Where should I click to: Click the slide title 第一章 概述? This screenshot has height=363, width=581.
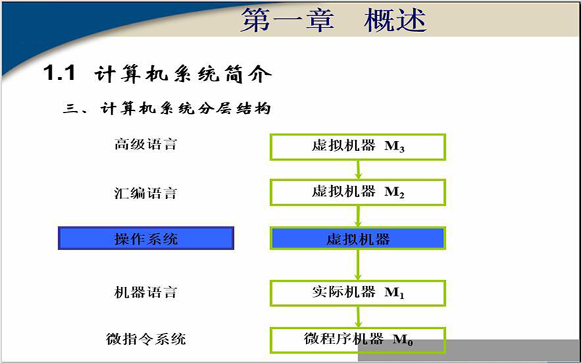point(334,20)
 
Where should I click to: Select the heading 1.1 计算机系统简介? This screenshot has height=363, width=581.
point(158,73)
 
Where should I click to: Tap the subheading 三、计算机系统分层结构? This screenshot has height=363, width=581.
point(167,108)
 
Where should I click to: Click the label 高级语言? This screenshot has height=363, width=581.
point(146,144)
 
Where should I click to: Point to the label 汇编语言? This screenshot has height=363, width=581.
point(146,193)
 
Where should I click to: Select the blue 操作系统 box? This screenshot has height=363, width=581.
point(146,238)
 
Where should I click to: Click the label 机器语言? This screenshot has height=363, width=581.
point(146,293)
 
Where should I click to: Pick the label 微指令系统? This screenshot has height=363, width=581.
point(146,339)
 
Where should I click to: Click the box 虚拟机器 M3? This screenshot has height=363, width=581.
point(358,147)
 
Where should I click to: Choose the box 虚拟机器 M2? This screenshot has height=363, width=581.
point(358,192)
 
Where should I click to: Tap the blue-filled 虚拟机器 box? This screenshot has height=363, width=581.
point(358,239)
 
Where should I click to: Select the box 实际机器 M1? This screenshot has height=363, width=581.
point(358,293)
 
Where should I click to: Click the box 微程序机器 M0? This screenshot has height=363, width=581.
point(358,340)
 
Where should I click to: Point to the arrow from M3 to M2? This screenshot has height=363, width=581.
point(358,170)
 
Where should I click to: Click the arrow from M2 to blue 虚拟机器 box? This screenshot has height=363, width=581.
point(358,216)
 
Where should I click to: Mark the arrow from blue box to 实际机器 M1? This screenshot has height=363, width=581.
point(358,265)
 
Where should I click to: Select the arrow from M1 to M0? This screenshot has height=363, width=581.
point(358,317)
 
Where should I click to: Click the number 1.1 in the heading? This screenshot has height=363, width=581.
point(60,72)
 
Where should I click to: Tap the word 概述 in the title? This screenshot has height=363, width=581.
point(395,20)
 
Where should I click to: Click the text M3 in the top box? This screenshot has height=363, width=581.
point(394,147)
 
